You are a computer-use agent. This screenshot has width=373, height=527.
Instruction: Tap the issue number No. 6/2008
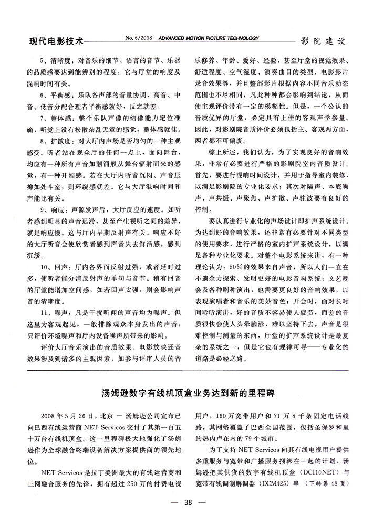tap(138, 38)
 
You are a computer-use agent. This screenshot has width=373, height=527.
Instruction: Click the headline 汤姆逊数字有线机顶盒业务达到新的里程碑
tap(188, 393)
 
